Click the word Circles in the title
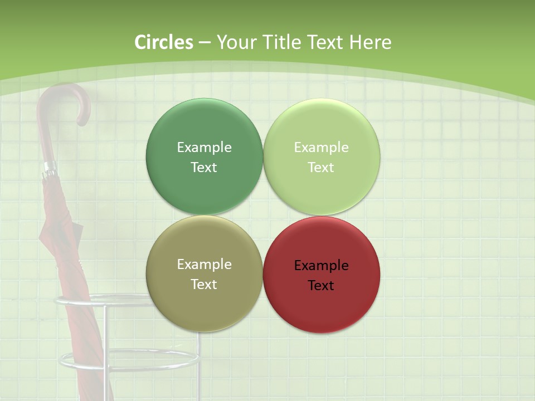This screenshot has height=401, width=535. coord(164,42)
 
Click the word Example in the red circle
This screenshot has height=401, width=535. coord(322,265)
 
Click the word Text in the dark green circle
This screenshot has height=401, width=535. coord(204,168)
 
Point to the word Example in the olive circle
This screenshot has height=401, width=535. coord(204,264)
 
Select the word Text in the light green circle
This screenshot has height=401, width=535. coord(322,168)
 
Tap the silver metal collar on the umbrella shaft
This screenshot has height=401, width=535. coord(50,167)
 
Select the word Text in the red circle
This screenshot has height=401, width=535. coord(322,285)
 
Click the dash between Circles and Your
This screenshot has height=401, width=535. coord(205,42)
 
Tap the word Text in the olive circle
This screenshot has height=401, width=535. coord(204,284)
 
